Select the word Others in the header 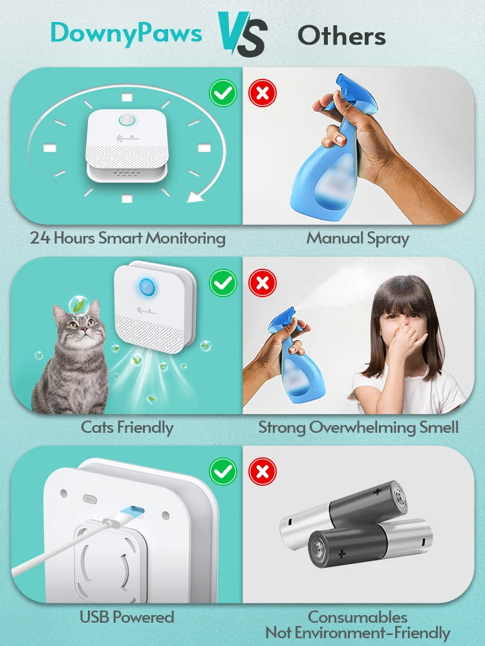(341, 36)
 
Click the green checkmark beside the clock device (223, 94)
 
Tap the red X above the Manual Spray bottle (262, 94)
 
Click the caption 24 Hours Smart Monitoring (127, 238)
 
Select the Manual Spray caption (358, 238)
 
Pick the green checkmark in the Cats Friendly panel (223, 282)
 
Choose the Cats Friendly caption (127, 427)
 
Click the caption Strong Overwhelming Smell (358, 427)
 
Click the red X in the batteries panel (262, 472)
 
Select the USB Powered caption (127, 617)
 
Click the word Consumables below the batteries (358, 617)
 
